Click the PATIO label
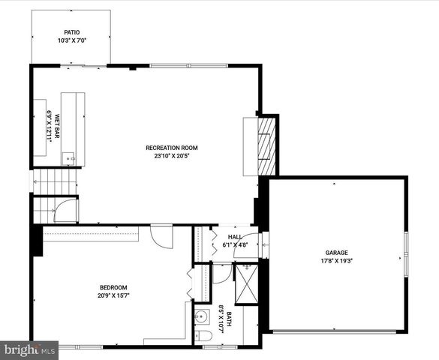(x=71, y=32)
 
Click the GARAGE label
(x=336, y=253)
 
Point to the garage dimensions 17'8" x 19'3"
(x=336, y=262)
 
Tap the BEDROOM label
(x=113, y=288)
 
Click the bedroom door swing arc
(x=162, y=237)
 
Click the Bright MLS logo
(x=29, y=349)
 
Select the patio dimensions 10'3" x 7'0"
(x=71, y=40)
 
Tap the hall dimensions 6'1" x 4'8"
(x=235, y=244)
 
